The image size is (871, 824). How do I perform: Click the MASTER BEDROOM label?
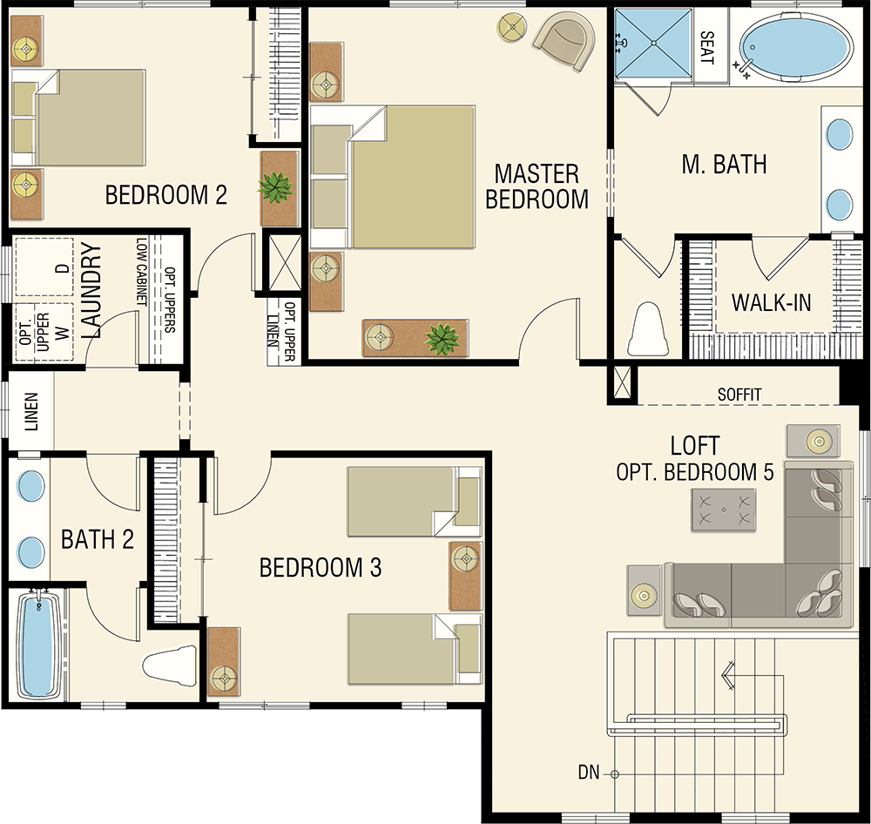coord(537,186)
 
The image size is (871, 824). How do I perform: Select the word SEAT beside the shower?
coord(706,47)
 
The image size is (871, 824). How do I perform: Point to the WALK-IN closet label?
coord(771,303)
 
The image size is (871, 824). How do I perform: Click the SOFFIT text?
coord(739,395)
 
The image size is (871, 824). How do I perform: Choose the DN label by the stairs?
coord(589,773)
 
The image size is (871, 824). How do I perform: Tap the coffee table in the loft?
coord(723,510)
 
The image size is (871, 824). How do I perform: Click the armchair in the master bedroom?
coord(564,41)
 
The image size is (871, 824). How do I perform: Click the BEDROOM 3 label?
coord(321,568)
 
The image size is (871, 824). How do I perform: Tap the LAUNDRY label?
coord(91,291)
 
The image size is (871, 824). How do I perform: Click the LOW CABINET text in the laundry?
coord(142,272)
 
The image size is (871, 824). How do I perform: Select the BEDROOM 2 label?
coord(166,195)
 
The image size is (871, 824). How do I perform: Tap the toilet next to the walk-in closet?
coord(648,329)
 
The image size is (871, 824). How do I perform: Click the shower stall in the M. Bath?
coord(652,44)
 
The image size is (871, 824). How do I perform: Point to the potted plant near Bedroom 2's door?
coord(275,187)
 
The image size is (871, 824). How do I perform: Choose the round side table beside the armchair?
coord(512,26)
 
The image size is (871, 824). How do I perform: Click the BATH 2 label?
coord(98,539)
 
